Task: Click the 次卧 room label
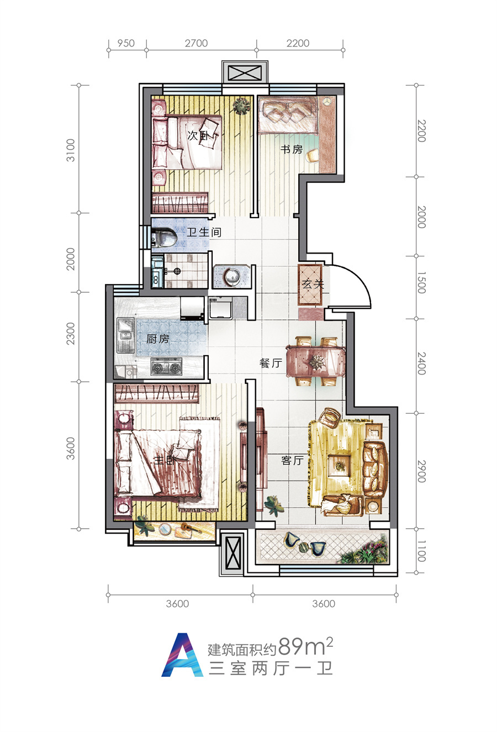tap(198, 135)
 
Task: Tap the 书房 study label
tap(292, 149)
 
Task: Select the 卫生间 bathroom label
tap(204, 233)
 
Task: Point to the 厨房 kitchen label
tap(157, 339)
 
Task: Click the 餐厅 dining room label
tap(271, 363)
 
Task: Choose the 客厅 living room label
tap(292, 460)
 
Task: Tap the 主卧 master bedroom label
tap(165, 460)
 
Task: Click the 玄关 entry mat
tap(310, 285)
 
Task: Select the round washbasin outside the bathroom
tap(232, 276)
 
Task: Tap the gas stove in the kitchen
tap(166, 367)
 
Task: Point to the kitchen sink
tap(126, 334)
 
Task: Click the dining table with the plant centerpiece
tap(316, 361)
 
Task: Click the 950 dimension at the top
tap(126, 43)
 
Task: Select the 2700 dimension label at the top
tap(196, 43)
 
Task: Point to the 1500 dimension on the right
tap(421, 282)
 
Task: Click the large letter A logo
tap(182, 655)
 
